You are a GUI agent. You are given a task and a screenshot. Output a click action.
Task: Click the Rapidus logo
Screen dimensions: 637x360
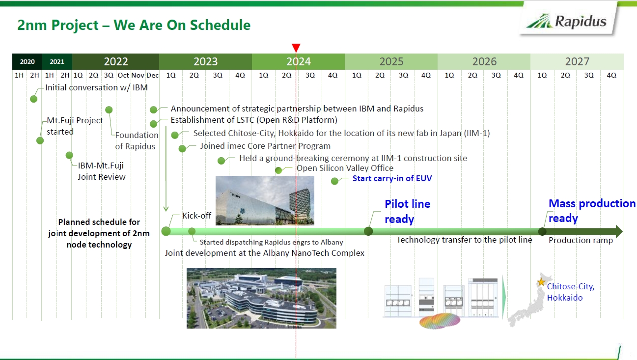566,21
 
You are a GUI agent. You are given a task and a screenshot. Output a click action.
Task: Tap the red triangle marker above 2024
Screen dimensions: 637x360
296,48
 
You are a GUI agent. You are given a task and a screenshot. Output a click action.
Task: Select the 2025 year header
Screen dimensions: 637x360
391,61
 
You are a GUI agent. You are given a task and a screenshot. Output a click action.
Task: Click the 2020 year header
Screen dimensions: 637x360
28,61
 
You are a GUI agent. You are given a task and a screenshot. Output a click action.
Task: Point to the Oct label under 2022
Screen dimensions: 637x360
123,75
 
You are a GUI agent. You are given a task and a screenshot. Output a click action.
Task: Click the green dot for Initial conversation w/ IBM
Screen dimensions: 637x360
33,99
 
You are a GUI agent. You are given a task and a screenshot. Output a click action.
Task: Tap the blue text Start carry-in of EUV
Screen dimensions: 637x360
392,178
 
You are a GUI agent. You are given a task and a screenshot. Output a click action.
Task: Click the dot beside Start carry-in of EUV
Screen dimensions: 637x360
335,181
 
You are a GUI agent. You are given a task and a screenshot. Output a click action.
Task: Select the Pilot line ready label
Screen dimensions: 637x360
408,212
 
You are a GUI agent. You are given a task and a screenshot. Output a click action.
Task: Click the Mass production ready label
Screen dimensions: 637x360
591,211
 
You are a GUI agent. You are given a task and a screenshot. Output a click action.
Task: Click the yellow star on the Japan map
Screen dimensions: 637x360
541,282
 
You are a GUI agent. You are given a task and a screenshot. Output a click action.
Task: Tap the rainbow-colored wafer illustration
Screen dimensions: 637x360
440,321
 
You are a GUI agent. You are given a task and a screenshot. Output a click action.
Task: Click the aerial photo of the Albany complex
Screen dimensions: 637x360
261,298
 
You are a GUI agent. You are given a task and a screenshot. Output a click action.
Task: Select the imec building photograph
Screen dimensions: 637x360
265,200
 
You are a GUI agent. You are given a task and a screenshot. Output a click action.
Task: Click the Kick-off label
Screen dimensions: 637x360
197,216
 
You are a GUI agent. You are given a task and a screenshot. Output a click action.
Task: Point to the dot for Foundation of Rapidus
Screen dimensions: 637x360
109,110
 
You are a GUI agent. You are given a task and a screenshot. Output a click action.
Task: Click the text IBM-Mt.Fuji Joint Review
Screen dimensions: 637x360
101,171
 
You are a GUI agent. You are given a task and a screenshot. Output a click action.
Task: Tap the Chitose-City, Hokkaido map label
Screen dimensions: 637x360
571,292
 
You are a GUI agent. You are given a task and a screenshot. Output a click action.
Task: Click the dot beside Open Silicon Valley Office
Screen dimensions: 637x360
278,170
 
